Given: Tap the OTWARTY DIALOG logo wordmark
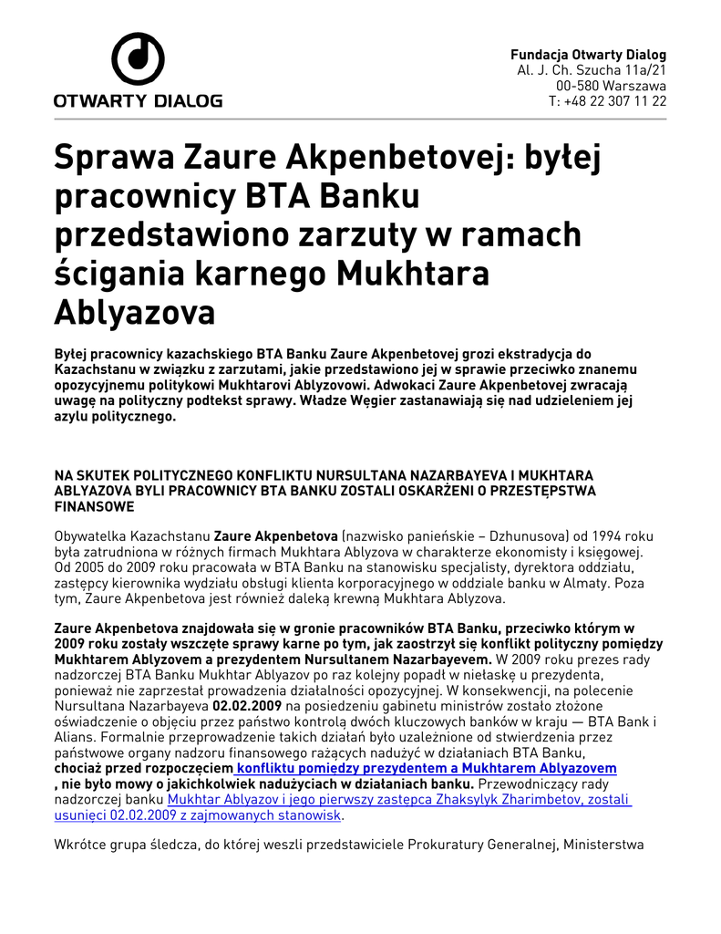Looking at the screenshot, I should [x=138, y=100].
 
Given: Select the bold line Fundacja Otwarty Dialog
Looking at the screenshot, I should [x=588, y=55].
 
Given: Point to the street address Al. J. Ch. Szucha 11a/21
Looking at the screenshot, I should [x=592, y=70].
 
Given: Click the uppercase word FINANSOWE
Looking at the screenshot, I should [x=94, y=506].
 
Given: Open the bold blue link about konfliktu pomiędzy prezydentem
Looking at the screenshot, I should [x=426, y=769].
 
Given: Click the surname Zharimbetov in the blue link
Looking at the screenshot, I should [x=496, y=800].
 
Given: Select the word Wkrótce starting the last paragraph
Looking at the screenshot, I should [x=84, y=846].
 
